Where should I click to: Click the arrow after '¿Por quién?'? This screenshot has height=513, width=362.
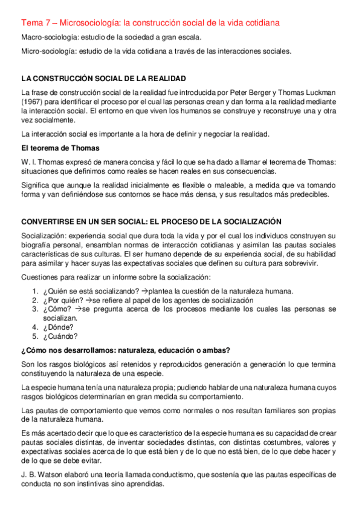click(x=88, y=301)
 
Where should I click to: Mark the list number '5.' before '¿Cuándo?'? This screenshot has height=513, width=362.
click(x=36, y=336)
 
